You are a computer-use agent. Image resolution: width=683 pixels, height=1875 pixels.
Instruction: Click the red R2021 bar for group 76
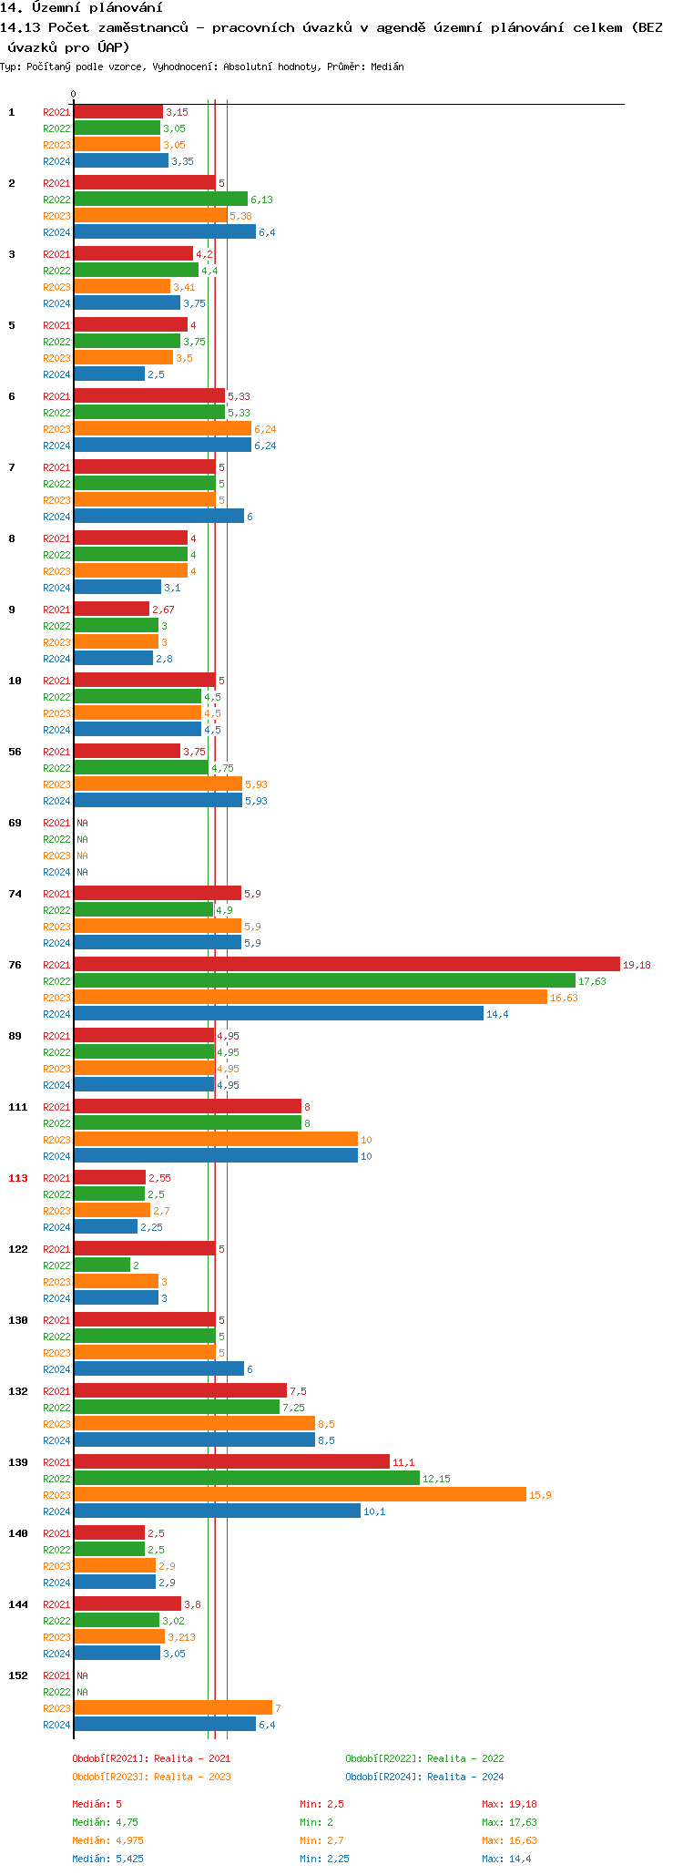[x=346, y=964]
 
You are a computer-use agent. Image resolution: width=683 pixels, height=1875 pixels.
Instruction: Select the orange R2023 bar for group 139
[x=300, y=1494]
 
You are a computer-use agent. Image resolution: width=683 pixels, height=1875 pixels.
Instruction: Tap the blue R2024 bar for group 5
[x=109, y=374]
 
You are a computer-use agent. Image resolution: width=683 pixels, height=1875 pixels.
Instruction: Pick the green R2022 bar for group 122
[x=102, y=1265]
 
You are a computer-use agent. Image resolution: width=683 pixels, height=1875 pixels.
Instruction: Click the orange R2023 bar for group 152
[x=173, y=1707]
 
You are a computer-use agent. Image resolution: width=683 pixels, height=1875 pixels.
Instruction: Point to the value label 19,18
[x=637, y=965]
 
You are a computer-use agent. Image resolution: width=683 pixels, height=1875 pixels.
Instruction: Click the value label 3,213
[x=181, y=1637]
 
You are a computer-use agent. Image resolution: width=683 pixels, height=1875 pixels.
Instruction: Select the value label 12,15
[x=436, y=1479]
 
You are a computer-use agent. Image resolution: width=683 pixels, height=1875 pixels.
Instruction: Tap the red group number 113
[x=18, y=1178]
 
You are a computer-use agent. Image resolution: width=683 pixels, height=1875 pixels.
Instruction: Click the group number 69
[x=15, y=823]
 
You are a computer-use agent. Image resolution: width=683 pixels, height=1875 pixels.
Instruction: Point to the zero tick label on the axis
[x=74, y=94]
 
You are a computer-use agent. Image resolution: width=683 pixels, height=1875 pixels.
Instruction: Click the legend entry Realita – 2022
[x=424, y=1758]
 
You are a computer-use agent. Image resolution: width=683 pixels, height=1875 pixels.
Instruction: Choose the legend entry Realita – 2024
[x=424, y=1777]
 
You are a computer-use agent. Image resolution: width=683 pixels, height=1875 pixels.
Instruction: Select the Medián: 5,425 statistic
[x=107, y=1859]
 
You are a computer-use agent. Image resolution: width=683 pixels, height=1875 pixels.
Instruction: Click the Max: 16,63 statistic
[x=509, y=1840]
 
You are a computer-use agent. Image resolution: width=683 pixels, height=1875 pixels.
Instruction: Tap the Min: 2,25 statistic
[x=324, y=1859]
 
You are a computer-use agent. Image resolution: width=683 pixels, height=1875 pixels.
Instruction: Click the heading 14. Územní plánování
[x=81, y=8]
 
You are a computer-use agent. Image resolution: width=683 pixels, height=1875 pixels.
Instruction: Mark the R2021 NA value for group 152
[x=82, y=1675]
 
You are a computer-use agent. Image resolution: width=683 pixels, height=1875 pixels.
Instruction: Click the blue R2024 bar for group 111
[x=215, y=1155]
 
